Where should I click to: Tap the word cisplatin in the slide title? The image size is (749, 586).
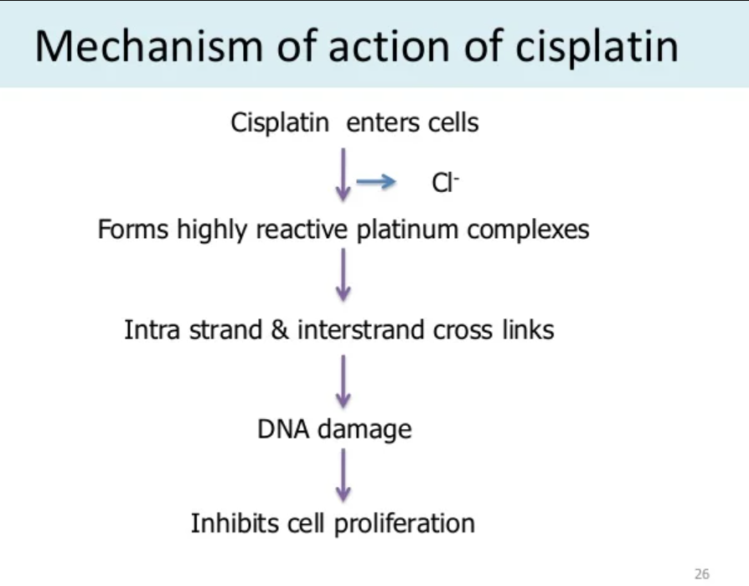click(x=597, y=46)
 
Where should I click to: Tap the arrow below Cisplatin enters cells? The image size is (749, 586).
click(x=343, y=174)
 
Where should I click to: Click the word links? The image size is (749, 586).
click(x=529, y=329)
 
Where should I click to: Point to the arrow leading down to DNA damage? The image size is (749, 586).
click(x=343, y=379)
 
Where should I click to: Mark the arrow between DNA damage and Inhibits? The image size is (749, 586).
click(x=343, y=475)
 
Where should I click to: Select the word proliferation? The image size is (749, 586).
click(x=405, y=524)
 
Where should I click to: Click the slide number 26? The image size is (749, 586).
click(x=702, y=574)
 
